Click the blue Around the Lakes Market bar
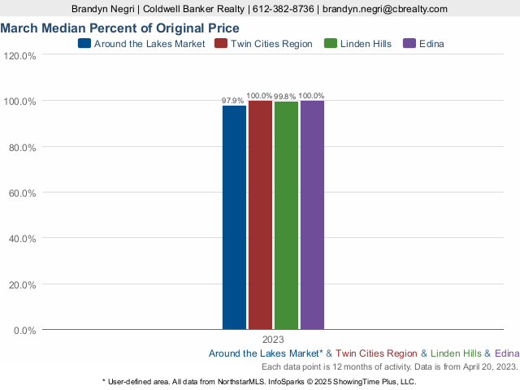click(234, 217)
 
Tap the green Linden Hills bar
click(286, 215)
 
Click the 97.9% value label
click(233, 101)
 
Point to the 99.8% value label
click(285, 96)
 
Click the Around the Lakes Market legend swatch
click(84, 44)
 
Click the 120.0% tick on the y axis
click(19, 56)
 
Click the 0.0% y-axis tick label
click(24, 331)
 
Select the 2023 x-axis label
click(273, 340)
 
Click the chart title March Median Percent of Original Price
click(119, 28)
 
